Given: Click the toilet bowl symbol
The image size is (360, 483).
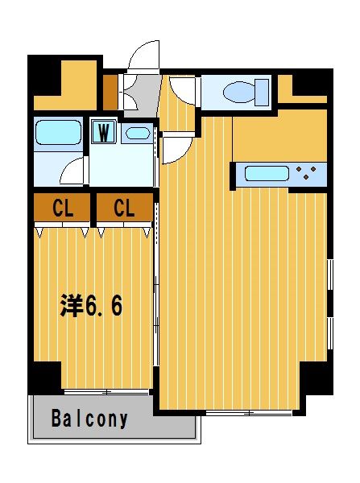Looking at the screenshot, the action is point(239,93).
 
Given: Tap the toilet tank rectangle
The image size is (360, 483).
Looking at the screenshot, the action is point(262,93).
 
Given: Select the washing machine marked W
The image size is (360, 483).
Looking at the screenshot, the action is point(104,132).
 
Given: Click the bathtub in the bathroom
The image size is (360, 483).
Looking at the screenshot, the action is point(59,133).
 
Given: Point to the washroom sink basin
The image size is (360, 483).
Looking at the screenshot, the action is point(138,134).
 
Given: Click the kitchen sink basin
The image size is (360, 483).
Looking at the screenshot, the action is point(267,173).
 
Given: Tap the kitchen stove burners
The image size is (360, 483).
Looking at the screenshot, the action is point(306,172).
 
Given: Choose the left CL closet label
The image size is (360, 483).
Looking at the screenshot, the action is point(63,208).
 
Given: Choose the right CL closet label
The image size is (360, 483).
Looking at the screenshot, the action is point(124,208).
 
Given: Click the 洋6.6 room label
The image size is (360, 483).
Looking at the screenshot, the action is point(91,305).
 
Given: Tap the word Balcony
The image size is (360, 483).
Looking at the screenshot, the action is point(89,419).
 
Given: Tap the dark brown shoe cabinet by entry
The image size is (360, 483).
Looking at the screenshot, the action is point(110,92).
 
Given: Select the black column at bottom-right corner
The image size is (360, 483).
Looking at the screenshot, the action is point(316,378).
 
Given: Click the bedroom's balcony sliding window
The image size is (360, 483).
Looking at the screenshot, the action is point(106,392).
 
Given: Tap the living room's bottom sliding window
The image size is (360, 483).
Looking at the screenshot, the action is point(249,413).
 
